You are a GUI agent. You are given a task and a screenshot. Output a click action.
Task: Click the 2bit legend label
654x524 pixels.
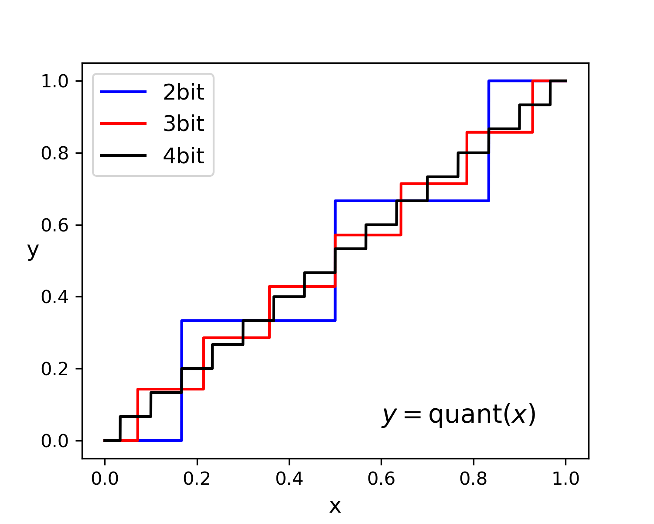coord(184,92)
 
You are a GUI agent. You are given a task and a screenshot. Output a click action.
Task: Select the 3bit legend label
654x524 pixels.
coord(184,124)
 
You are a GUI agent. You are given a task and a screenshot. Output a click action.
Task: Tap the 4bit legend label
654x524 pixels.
coord(184,156)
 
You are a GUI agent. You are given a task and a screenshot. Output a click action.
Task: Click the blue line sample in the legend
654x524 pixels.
coord(123,92)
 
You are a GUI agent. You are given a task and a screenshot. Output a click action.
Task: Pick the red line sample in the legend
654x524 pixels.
coord(123,124)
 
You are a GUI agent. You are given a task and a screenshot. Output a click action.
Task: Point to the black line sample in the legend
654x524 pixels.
coord(123,155)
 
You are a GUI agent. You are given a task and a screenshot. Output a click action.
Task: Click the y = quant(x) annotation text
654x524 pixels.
coord(459,415)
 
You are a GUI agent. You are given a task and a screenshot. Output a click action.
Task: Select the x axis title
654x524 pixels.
coord(335,506)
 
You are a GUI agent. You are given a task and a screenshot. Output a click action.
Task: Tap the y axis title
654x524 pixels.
coord(33,250)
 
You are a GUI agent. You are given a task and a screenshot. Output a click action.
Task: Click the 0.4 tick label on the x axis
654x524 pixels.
coord(289,479)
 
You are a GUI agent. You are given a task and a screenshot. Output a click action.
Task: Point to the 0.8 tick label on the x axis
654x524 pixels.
coord(473,479)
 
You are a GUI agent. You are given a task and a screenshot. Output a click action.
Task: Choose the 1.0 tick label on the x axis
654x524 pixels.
coord(565,479)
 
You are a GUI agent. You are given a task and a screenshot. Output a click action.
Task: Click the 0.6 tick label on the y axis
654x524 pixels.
coord(55,225)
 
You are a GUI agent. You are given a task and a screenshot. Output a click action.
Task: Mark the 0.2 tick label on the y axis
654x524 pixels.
coord(55,369)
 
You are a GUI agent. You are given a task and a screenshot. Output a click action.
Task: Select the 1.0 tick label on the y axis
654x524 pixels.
coord(55,81)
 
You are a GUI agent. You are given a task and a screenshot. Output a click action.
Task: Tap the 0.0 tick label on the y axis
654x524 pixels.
coord(55,441)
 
